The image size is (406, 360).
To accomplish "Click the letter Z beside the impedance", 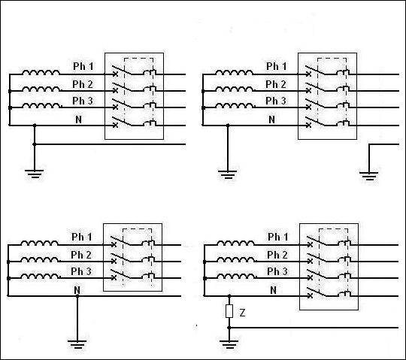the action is (x=242, y=313).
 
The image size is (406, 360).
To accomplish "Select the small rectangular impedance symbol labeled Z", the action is (x=229, y=311).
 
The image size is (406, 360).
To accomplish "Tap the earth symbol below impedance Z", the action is (x=229, y=344).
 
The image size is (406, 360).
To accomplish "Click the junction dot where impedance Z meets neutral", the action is (x=229, y=295).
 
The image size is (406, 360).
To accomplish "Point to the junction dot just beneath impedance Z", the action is (x=229, y=328).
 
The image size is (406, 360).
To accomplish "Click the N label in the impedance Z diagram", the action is (x=273, y=290).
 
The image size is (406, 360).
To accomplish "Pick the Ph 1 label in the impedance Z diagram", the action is (x=277, y=237).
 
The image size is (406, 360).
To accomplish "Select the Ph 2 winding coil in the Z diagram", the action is (x=236, y=259).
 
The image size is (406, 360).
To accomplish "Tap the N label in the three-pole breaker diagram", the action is (x=77, y=290).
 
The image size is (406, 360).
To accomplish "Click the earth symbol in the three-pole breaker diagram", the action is (x=77, y=344).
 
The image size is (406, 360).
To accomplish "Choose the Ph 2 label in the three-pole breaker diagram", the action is (x=81, y=255).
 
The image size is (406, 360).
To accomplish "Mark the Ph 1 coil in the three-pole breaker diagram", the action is (x=39, y=243).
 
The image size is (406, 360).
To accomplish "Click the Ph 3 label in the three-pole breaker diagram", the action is (x=81, y=271).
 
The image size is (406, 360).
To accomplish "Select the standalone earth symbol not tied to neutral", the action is (x=368, y=176).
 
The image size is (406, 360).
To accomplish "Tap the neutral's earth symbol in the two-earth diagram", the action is (x=227, y=174).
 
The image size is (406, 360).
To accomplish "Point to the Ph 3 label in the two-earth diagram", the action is (x=276, y=101).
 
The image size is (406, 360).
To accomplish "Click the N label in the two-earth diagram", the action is (x=271, y=119).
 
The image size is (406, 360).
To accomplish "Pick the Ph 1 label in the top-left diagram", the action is (x=83, y=66).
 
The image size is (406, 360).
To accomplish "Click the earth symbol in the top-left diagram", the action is (x=34, y=174).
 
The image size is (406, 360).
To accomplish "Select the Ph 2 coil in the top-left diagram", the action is (x=41, y=89).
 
